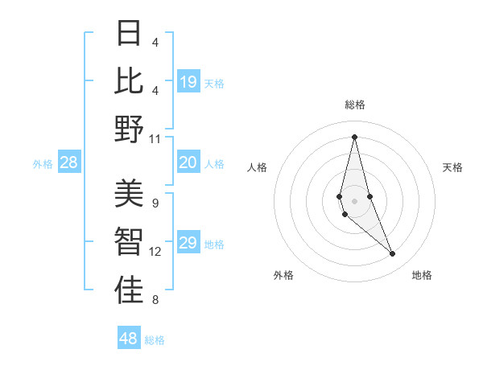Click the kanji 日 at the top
pyautogui.click(x=129, y=33)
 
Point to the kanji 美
pyautogui.click(x=129, y=194)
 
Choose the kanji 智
pyautogui.click(x=129, y=242)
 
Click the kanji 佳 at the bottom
pyautogui.click(x=129, y=290)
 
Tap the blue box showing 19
pyautogui.click(x=188, y=82)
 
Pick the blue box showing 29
pyautogui.click(x=188, y=244)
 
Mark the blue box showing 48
pyautogui.click(x=129, y=339)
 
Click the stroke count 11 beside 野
pyautogui.click(x=155, y=139)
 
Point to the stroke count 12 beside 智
pyautogui.click(x=155, y=252)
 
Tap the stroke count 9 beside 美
pyautogui.click(x=155, y=203)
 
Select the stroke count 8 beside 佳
pyautogui.click(x=155, y=300)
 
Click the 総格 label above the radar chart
pyautogui.click(x=355, y=105)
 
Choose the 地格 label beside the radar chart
pyautogui.click(x=422, y=275)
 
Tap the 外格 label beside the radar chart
pyautogui.click(x=283, y=275)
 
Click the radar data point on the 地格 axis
pyautogui.click(x=392, y=254)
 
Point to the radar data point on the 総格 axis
pyautogui.click(x=354, y=136)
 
